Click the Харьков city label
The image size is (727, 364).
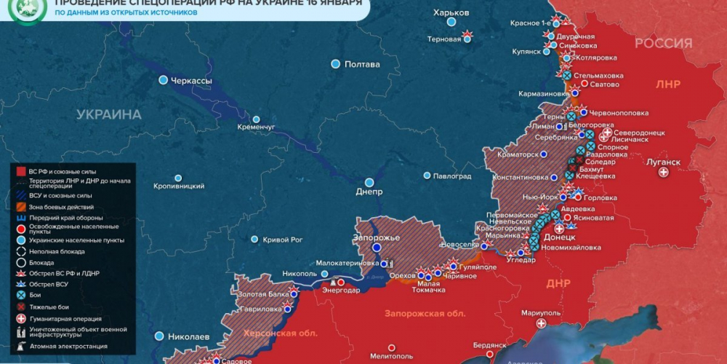pos(451,13)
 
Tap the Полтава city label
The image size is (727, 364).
pos(362,64)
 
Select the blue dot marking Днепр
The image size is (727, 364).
pos(369,182)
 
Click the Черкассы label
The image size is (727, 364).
pos(191,80)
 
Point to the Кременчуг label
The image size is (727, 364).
pos(256,127)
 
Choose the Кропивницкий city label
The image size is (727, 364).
pos(178,186)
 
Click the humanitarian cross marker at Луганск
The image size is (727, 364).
pos(663,173)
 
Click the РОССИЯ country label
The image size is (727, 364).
pos(663,43)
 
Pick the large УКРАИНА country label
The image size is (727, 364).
pos(109,114)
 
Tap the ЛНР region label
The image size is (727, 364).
pos(667,84)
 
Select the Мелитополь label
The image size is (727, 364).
pos(391,356)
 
